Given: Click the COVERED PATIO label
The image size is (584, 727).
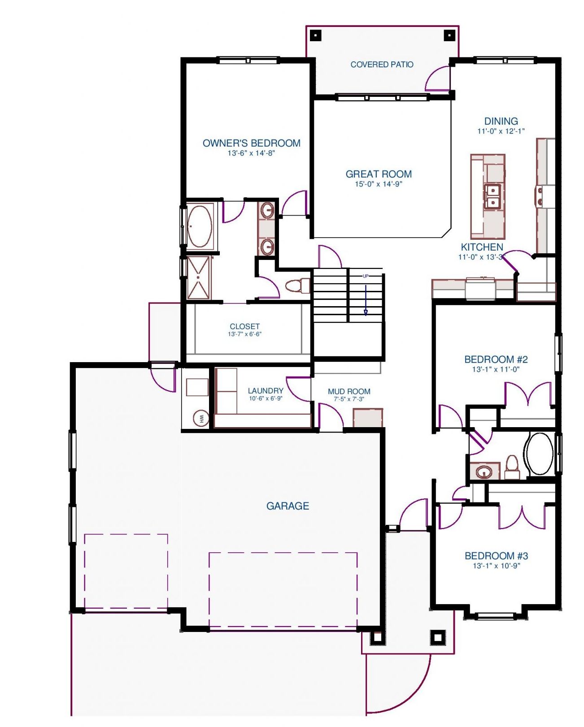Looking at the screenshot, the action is [x=382, y=65].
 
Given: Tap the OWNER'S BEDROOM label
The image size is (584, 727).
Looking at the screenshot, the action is [x=251, y=143].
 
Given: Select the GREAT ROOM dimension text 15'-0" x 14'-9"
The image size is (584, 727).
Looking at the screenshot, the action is [x=379, y=184].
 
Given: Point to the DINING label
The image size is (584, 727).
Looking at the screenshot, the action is [x=501, y=121].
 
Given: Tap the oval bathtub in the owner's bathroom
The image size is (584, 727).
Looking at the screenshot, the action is [x=200, y=226].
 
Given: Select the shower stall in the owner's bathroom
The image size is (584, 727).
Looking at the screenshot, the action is [x=199, y=278].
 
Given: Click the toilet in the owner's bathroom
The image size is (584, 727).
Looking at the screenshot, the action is [x=297, y=286].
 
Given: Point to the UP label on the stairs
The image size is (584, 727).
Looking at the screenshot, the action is [x=365, y=276].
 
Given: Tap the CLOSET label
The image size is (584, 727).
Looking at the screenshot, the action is [x=244, y=326].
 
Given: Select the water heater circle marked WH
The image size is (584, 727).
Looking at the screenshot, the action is [x=201, y=419].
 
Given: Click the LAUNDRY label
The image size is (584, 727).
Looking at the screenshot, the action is [x=266, y=391].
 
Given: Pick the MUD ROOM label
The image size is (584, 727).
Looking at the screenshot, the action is [x=349, y=392].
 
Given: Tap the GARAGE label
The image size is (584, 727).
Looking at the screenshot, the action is [x=288, y=506].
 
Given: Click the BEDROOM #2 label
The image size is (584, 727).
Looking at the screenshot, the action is [x=496, y=359].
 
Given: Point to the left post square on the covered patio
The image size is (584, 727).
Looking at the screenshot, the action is [x=315, y=35].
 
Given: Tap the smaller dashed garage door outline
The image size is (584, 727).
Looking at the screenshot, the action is [x=126, y=571].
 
